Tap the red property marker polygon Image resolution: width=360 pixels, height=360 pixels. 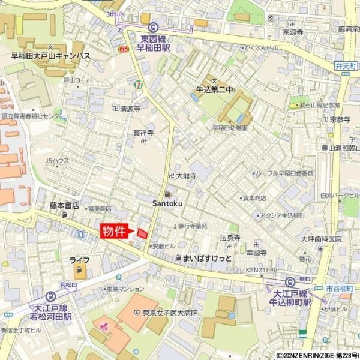[x=142, y=233]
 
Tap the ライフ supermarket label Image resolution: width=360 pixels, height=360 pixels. [x=79, y=260]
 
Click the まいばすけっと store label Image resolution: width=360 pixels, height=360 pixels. [x=206, y=258]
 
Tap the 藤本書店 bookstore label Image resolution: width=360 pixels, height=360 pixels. [x=65, y=205]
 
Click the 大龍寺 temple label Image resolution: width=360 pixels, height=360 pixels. [x=186, y=176]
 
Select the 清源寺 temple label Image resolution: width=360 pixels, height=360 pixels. [x=130, y=109]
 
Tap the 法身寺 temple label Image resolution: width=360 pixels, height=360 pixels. [x=230, y=238]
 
